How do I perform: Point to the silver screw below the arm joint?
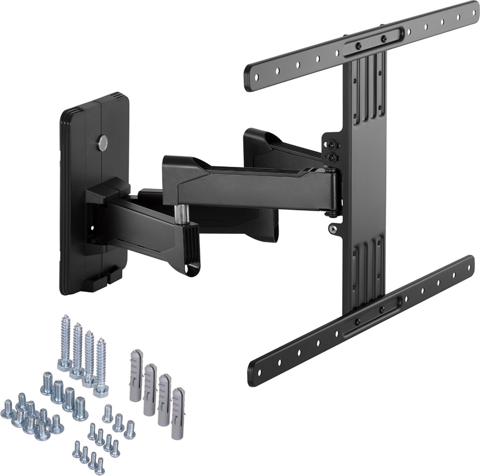(332, 228)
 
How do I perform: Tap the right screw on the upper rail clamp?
(384, 38)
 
